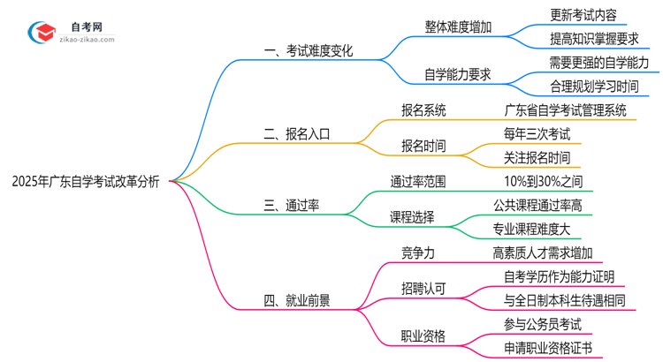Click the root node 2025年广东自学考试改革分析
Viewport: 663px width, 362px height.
[86, 182]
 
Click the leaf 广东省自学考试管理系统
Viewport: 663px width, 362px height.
[566, 110]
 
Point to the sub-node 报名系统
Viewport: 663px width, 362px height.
[423, 110]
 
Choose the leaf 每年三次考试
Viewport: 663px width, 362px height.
[536, 134]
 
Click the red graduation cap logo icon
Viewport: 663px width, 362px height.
[41, 34]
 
